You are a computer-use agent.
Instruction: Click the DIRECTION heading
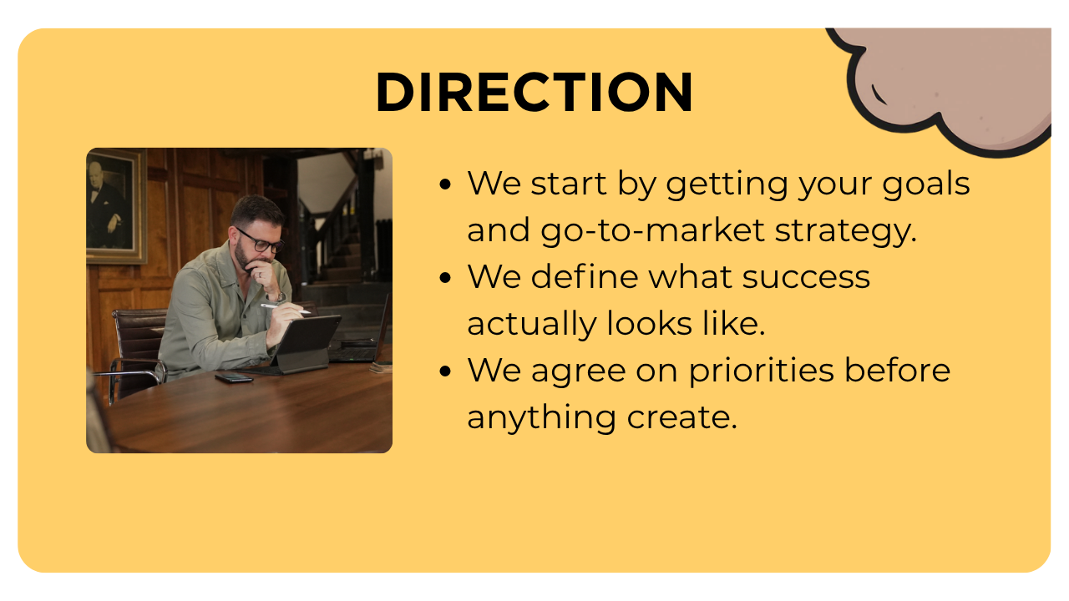[534, 92]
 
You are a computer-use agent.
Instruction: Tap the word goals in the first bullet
[926, 184]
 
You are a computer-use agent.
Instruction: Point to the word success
[806, 277]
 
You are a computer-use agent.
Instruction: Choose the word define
[585, 275]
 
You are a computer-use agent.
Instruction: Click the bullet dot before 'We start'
[445, 184]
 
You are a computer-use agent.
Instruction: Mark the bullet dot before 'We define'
[445, 278]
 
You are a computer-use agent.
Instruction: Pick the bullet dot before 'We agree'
[445, 371]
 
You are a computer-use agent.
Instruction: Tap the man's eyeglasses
[261, 242]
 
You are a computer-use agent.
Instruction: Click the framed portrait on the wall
[115, 205]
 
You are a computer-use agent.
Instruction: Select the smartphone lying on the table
[233, 378]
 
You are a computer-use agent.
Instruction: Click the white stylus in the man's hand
[286, 309]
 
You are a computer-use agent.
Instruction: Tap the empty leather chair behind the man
[135, 353]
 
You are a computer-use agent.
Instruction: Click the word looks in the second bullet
[649, 324]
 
